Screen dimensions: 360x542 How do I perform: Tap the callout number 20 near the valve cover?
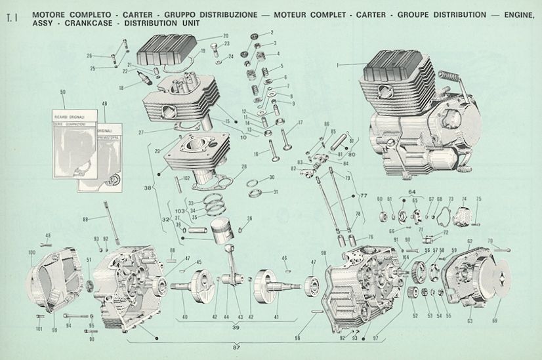(225, 36)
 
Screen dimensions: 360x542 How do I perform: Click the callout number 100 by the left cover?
(31, 252)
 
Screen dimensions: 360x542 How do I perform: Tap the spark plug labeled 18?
(146, 81)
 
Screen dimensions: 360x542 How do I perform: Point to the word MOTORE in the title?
(48, 14)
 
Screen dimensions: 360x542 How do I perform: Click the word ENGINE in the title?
(516, 14)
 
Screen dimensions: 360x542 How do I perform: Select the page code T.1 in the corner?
(10, 18)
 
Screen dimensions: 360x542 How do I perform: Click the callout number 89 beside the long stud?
(85, 218)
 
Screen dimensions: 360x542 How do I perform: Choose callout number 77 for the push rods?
(364, 195)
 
